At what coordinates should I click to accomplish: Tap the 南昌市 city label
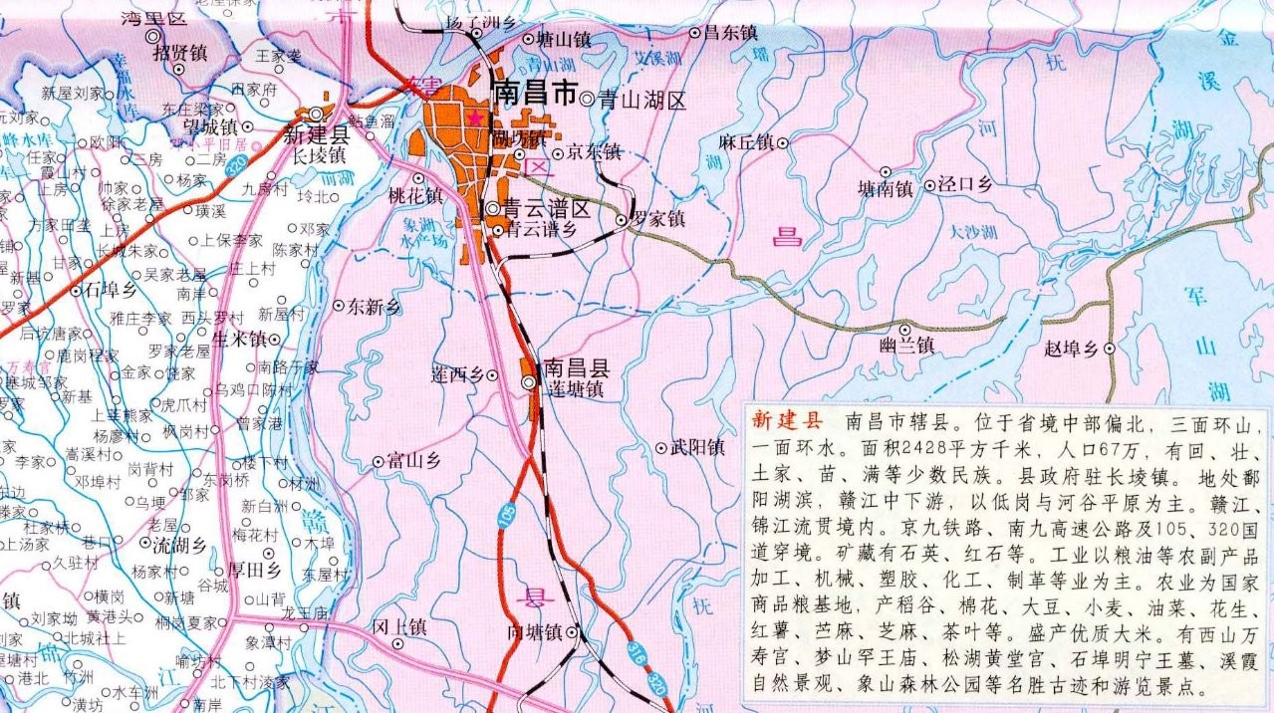pos(535,95)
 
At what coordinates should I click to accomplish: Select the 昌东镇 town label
pos(724,33)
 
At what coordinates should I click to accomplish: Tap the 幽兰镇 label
pos(905,346)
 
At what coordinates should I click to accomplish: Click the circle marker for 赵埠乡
pos(1108,349)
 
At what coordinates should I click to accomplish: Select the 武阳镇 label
pos(696,448)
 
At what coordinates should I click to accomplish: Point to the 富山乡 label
pos(413,461)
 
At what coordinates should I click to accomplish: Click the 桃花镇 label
pos(415,196)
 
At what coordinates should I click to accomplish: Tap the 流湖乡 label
pos(179,545)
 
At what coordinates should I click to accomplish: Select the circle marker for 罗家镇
pos(622,219)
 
